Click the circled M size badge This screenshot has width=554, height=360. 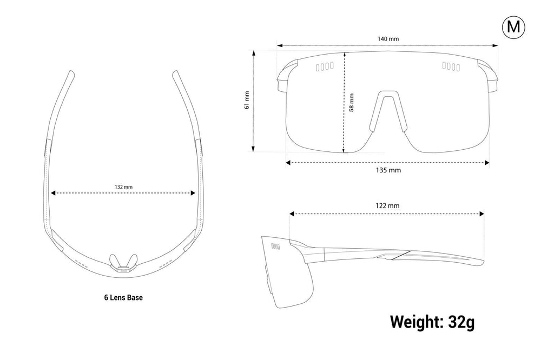pos(513,27)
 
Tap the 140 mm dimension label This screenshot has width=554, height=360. pos(388,38)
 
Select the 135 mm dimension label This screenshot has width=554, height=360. pos(388,170)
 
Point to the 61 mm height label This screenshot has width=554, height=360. pos(247,100)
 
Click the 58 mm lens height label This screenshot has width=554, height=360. pos(351,103)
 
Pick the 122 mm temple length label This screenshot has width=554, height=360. pos(387,206)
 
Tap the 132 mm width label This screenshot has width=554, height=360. pos(123,186)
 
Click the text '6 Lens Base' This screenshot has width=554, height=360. pos(123,297)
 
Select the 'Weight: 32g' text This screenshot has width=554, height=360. pos(432,322)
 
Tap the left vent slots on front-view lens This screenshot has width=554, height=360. pos(325,66)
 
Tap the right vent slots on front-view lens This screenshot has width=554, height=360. pos(451,66)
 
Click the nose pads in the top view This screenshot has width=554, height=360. pos(123,262)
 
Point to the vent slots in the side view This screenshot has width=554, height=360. pos(275,246)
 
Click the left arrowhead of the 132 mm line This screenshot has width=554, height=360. pos(54,193)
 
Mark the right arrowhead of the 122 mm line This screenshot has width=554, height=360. pos(482,214)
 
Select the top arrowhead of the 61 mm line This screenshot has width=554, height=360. pos(253,52)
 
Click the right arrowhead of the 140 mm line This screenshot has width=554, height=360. pos(496,45)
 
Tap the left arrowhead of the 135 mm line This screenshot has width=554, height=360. pos(288,162)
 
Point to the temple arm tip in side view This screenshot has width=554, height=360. pos(482,262)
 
